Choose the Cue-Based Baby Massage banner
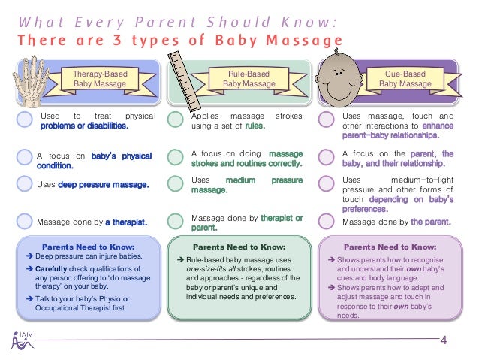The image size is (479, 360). tap(405, 79)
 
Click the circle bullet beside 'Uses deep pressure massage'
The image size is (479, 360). tap(25, 183)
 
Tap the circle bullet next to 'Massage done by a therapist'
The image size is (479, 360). tap(25, 221)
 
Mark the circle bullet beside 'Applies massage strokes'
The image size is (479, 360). tap(176, 119)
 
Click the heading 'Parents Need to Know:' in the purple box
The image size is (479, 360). tap(390, 246)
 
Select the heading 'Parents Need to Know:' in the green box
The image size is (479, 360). tap(239, 246)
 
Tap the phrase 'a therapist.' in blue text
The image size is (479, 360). tap(125, 222)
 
